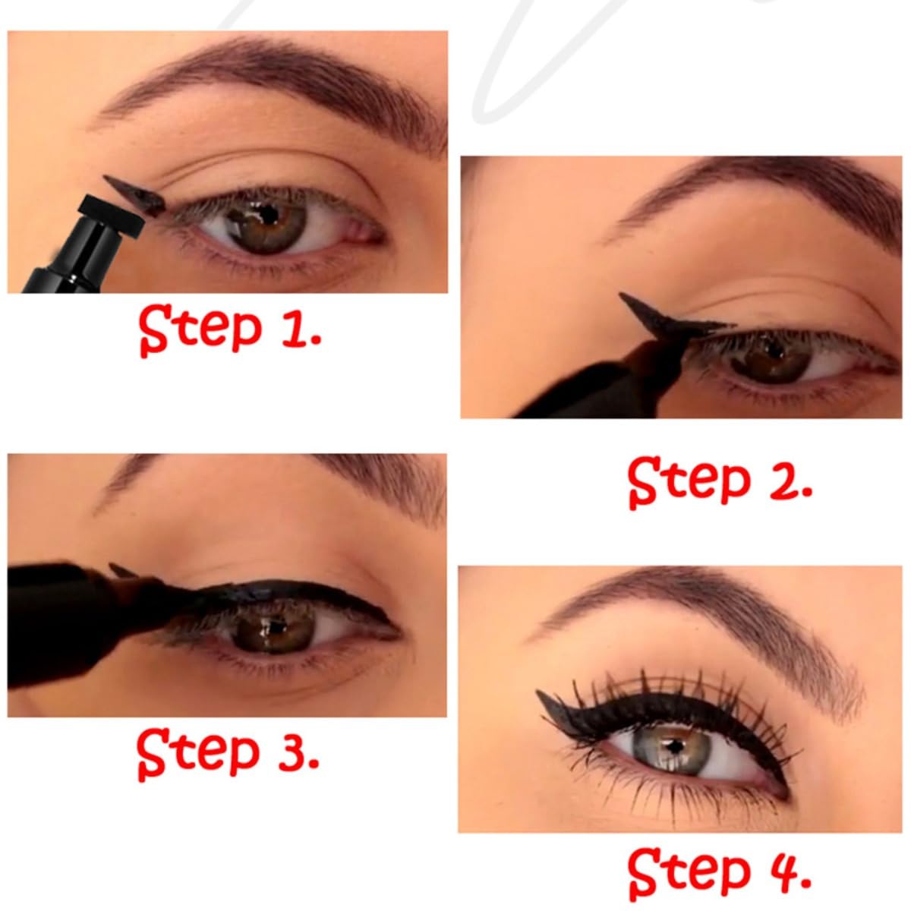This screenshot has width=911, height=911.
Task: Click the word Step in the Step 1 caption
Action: coord(200,329)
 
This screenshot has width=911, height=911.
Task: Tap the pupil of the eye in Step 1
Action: coord(269,215)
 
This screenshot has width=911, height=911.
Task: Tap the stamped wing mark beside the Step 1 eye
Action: coord(135,195)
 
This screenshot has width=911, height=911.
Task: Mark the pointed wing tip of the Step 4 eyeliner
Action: coord(538,692)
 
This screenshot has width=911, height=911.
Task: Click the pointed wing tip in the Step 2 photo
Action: coord(622,295)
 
